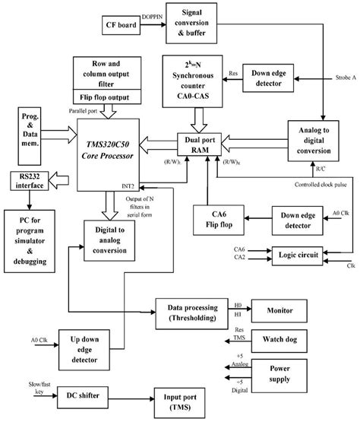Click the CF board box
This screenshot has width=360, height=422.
tap(124, 27)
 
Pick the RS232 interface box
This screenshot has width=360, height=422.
tap(27, 181)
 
